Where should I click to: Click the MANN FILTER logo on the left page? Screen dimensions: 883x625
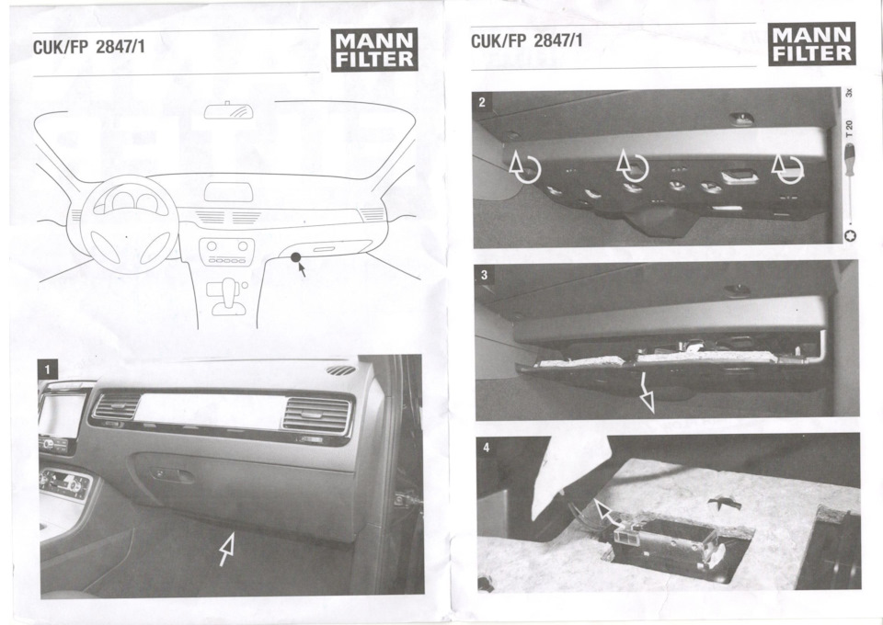point(374,50)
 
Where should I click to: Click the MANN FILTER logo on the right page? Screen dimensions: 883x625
point(811,44)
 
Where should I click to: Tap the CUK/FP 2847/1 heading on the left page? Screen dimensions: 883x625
point(89,47)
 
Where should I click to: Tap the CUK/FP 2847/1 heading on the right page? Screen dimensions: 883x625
point(526,41)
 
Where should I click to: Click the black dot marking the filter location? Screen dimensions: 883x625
point(295,257)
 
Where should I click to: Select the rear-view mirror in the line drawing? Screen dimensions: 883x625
point(228,111)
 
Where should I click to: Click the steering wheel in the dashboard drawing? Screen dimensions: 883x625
point(129,224)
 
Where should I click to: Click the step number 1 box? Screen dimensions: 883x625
point(47,369)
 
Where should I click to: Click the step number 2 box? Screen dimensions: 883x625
point(482,102)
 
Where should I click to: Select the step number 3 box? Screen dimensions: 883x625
point(485,275)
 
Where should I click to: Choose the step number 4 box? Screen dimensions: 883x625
point(487,448)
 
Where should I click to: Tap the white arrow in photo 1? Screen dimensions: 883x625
point(227,549)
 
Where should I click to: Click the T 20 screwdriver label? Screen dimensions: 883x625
point(849,129)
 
